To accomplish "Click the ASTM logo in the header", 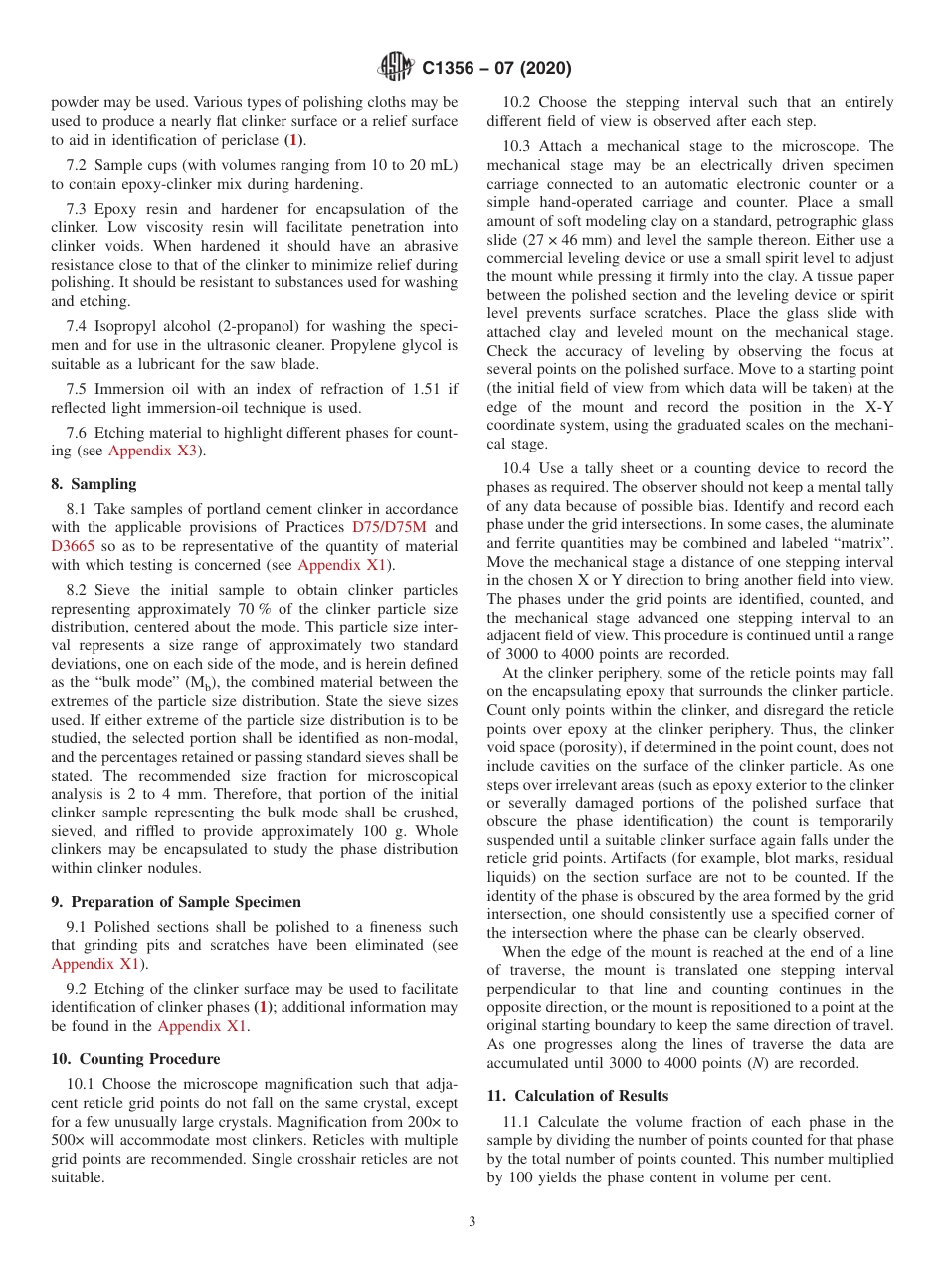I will (x=398, y=68).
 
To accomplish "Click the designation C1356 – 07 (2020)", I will (x=496, y=69).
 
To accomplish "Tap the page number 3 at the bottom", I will (x=472, y=1222).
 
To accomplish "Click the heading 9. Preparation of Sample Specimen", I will (x=176, y=902).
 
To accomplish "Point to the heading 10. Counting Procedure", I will (x=135, y=1058).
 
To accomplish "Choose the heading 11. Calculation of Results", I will (x=577, y=1095).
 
